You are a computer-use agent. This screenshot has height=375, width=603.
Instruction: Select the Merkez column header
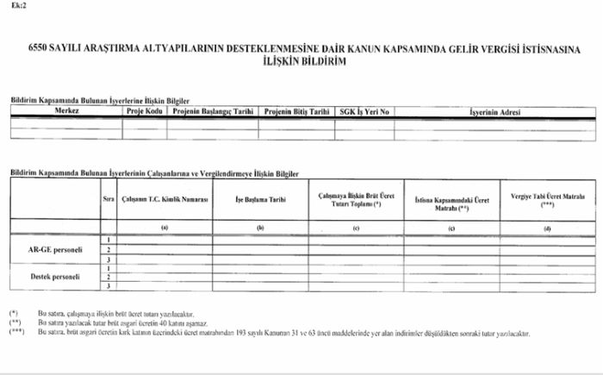coord(66,111)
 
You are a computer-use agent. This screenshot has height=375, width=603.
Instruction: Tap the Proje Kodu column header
coord(144,111)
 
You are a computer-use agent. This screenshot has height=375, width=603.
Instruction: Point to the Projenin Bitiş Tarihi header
coord(296,111)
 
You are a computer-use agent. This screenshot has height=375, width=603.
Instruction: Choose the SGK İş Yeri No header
coord(365,111)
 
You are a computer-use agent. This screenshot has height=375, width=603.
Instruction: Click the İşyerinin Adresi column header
coord(494,111)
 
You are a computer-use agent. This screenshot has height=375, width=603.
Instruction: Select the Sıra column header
coord(109,199)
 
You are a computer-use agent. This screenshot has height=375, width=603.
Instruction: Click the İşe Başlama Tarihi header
coord(260,199)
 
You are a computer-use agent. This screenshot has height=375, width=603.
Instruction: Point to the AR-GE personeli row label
coord(53,249)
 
